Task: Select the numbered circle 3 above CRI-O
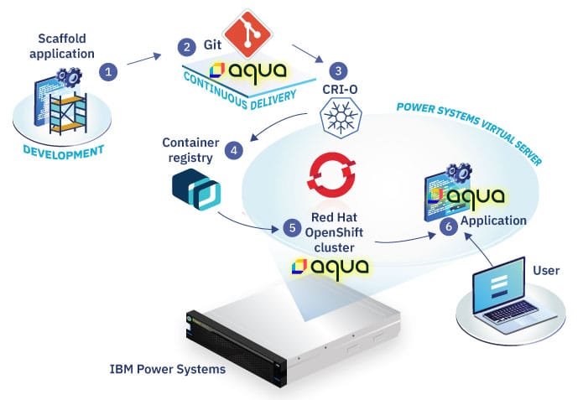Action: pyautogui.click(x=338, y=71)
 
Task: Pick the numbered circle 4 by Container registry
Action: pyautogui.click(x=235, y=151)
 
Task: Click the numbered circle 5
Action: pyautogui.click(x=292, y=226)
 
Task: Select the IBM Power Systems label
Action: pyautogui.click(x=166, y=370)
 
